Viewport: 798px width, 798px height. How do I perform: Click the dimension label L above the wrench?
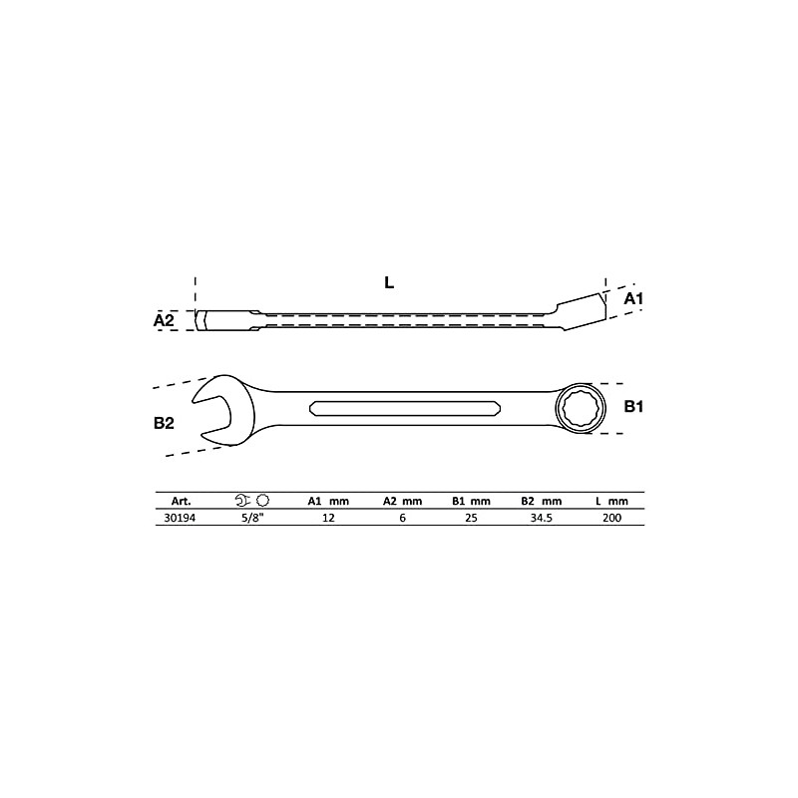tap(389, 282)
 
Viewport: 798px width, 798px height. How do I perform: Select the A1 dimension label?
tap(634, 298)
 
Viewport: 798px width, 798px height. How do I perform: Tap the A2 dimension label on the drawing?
tap(165, 320)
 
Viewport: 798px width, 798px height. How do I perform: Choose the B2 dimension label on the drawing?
tap(165, 423)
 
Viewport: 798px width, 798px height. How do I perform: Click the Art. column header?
tap(181, 501)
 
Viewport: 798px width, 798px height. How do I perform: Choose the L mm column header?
tap(610, 501)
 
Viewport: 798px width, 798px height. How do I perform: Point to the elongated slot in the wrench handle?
tap(406, 407)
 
